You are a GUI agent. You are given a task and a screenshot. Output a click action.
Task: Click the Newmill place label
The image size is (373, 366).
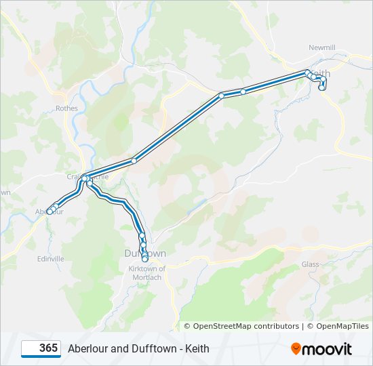pyautogui.click(x=321, y=47)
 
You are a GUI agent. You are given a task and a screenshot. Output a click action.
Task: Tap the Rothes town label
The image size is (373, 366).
pyautogui.click(x=67, y=108)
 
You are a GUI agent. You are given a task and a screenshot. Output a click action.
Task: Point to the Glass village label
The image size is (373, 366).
pyautogui.click(x=310, y=264)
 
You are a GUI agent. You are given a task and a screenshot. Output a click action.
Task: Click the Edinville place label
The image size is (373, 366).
pyautogui.click(x=51, y=259)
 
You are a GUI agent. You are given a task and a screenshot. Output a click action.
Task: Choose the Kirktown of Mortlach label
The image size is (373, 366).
pyautogui.click(x=146, y=272)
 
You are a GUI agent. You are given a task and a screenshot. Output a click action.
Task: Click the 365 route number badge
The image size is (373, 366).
pyautogui.click(x=41, y=348)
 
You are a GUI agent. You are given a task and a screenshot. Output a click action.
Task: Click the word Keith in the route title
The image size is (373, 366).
pyautogui.click(x=197, y=349)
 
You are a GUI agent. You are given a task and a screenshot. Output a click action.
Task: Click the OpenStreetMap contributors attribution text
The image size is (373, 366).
pyautogui.click(x=241, y=326)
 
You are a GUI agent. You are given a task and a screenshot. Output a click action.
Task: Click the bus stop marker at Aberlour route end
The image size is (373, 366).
pyautogui.click(x=50, y=211)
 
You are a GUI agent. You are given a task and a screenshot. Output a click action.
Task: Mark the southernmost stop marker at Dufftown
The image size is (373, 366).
pyautogui.click(x=145, y=259)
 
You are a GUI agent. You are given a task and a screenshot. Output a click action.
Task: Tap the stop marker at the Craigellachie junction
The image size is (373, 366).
pyautogui.click(x=85, y=179)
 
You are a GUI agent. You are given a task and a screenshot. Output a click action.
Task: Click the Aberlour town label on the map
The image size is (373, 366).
pyautogui.click(x=49, y=212)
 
